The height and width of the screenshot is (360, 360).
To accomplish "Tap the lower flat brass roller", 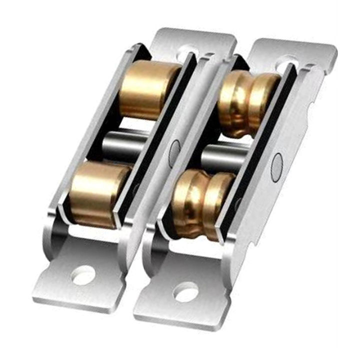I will click(100, 193).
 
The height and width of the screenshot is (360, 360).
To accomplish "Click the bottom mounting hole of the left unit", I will click(83, 274).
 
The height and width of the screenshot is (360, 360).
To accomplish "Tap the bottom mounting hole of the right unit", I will click(185, 291).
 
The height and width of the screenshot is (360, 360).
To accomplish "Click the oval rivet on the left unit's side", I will click(174, 149).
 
